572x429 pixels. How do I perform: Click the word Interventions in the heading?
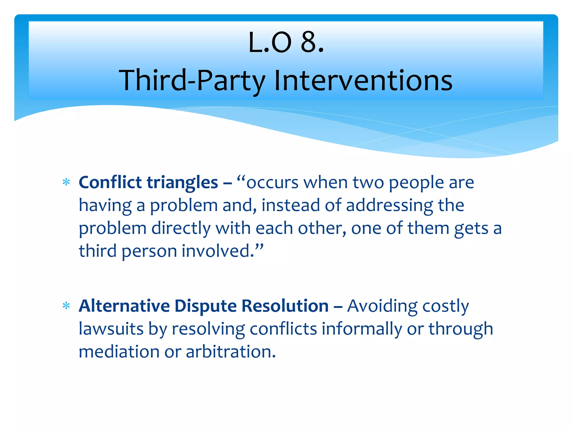363,80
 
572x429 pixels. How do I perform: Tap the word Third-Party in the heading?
192,80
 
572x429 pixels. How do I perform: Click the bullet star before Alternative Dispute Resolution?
66,306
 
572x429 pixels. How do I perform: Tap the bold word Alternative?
124,306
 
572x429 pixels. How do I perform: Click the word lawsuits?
111,329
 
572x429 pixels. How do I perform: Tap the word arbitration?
231,352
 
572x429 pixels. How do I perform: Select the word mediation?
119,352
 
